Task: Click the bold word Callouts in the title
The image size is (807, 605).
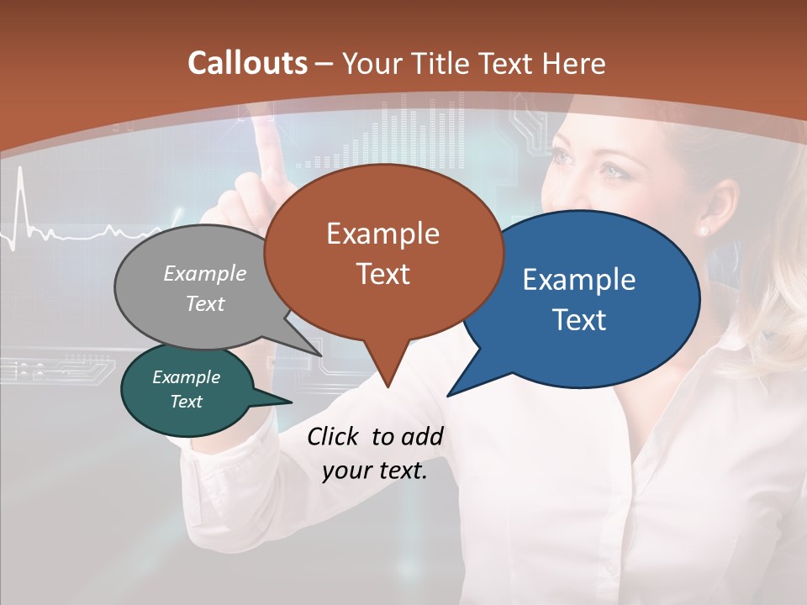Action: [x=246, y=63]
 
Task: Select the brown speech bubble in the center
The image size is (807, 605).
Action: [x=383, y=252]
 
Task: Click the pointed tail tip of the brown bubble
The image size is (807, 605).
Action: [x=387, y=387]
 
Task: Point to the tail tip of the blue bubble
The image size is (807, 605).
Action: [x=448, y=395]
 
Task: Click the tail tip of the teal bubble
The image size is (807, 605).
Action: [x=291, y=402]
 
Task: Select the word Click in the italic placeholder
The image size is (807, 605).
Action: [x=334, y=436]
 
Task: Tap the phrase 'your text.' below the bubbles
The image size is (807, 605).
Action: [x=375, y=471]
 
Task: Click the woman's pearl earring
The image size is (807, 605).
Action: [x=703, y=229]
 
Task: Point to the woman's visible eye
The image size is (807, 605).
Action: [x=608, y=171]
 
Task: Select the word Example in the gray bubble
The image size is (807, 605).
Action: [x=205, y=273]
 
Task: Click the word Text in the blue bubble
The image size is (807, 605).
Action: [x=580, y=319]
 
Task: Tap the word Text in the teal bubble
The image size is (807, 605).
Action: [x=187, y=402]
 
